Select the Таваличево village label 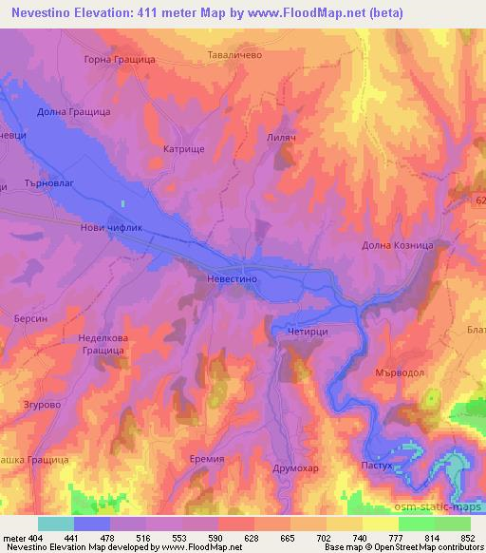coord(234,55)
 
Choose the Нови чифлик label coord(110,228)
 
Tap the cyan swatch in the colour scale coord(55,524)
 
